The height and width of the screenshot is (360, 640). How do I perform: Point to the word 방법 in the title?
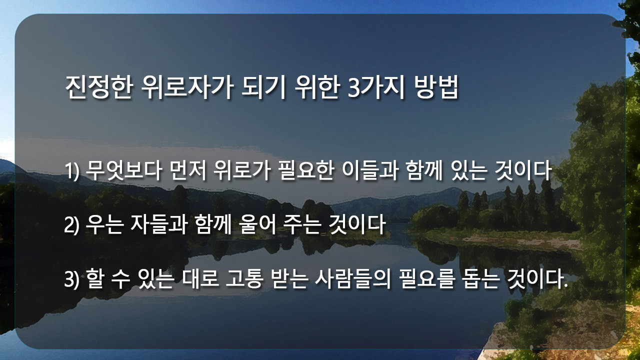point(436,87)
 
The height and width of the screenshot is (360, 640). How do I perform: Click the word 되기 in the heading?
point(263,87)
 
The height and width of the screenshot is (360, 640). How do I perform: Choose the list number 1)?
point(71,171)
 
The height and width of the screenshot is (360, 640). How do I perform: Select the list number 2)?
point(71,225)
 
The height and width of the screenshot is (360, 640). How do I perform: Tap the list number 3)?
point(71,279)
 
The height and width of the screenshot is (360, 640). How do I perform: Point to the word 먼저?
point(187,170)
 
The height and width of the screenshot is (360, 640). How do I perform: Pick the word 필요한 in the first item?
point(306,170)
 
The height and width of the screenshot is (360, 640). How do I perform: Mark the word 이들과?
point(370,170)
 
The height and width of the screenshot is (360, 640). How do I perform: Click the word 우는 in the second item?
point(104,225)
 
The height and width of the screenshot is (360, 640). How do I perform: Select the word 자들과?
point(158,225)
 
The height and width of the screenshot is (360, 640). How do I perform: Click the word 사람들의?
point(352,278)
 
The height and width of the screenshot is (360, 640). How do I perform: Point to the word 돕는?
point(480,278)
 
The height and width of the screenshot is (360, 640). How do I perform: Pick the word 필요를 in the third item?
point(426,278)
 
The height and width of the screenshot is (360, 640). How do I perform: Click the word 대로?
point(200,278)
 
